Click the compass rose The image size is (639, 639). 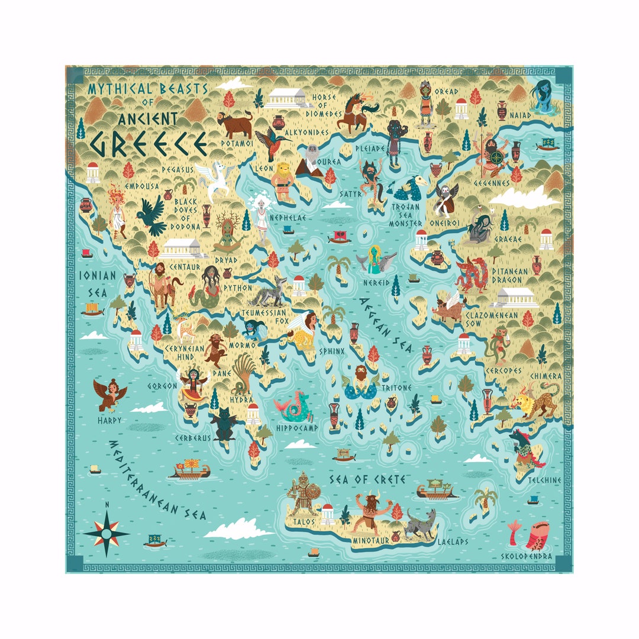pos(106,532)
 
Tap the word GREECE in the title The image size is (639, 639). pos(148,143)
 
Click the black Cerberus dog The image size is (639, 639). pos(224,423)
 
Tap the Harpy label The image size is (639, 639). pos(111,421)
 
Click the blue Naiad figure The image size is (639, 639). pos(543,96)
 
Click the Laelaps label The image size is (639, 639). pos(453,541)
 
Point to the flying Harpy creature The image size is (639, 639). pos(110,395)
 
